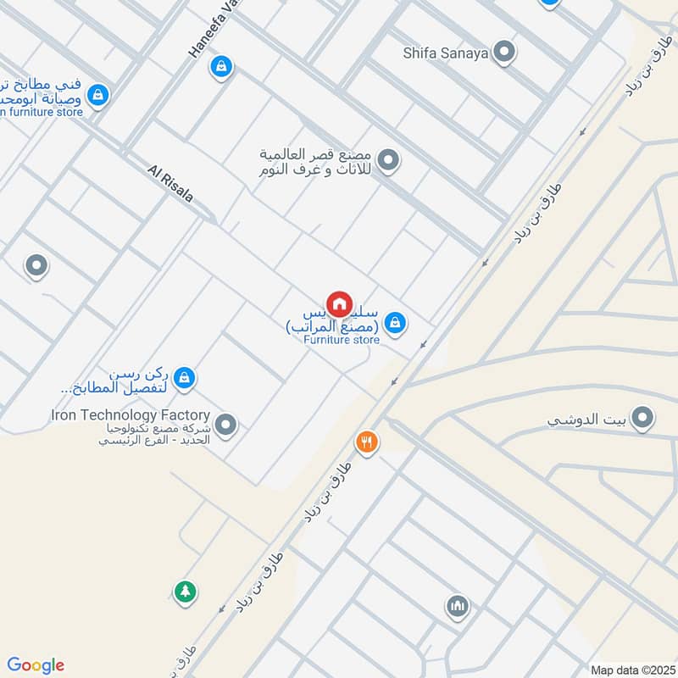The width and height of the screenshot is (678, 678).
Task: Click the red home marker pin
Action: [x=339, y=303]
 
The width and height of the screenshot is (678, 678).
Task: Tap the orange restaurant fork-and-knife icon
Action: [x=366, y=442]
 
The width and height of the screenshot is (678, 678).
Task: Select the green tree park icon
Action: [x=185, y=592]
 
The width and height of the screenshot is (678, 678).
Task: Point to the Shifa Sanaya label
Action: [x=446, y=53]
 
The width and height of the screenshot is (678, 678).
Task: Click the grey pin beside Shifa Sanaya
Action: [x=505, y=53]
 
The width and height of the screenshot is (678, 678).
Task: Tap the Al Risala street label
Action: [x=170, y=183]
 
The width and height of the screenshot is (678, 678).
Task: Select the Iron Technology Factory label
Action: [x=131, y=415]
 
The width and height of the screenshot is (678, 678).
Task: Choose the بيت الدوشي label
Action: [x=586, y=420]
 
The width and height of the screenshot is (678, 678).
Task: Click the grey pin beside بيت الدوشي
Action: [x=643, y=418]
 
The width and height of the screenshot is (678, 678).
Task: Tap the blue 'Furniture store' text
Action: [x=342, y=341]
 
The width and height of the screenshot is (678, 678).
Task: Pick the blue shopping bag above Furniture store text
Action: [x=393, y=322]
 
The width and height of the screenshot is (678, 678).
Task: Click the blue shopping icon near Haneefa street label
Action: [x=220, y=67]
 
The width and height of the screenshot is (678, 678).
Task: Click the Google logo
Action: [x=36, y=665]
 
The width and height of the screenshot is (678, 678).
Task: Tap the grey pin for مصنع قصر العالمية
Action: [x=388, y=159]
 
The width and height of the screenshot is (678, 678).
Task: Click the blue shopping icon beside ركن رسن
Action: [x=184, y=380]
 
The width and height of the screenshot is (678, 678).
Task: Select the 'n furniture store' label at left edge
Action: [x=42, y=112]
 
